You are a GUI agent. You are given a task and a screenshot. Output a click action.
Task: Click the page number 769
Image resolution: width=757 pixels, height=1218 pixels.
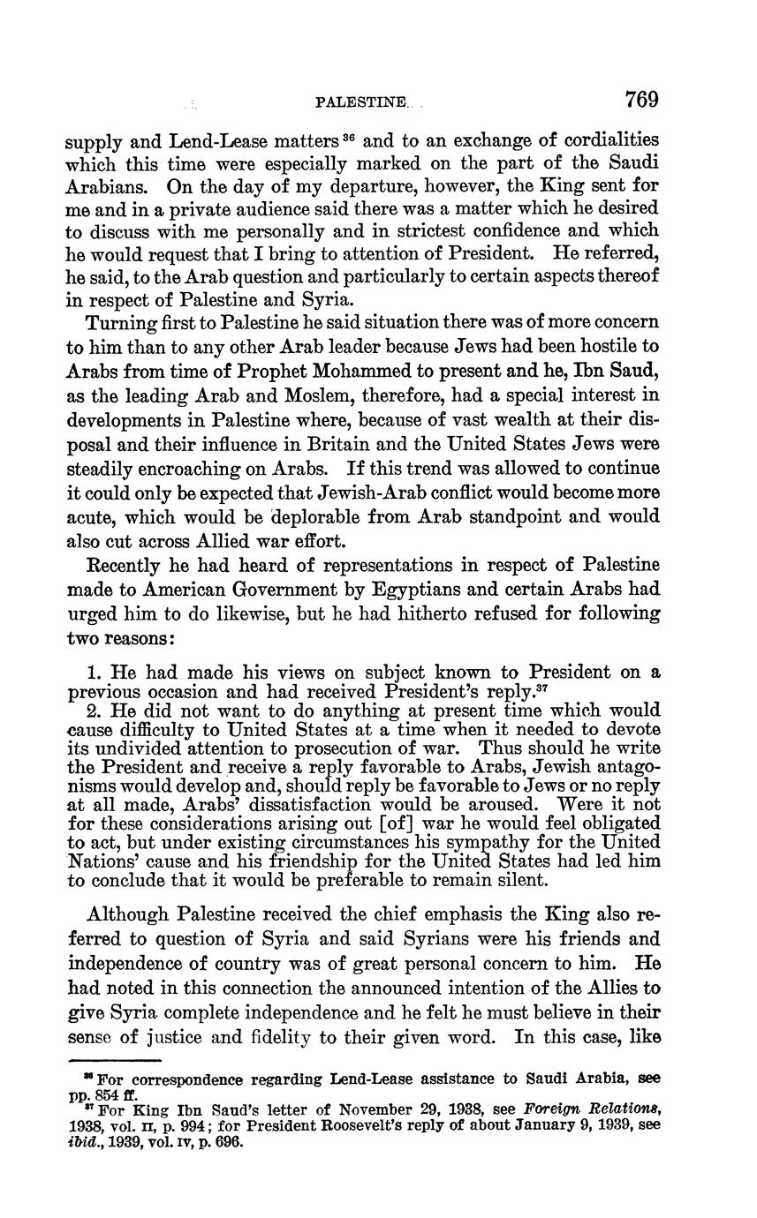pyautogui.click(x=641, y=99)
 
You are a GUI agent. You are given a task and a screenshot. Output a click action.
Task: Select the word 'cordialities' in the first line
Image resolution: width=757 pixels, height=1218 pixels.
pyautogui.click(x=608, y=140)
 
